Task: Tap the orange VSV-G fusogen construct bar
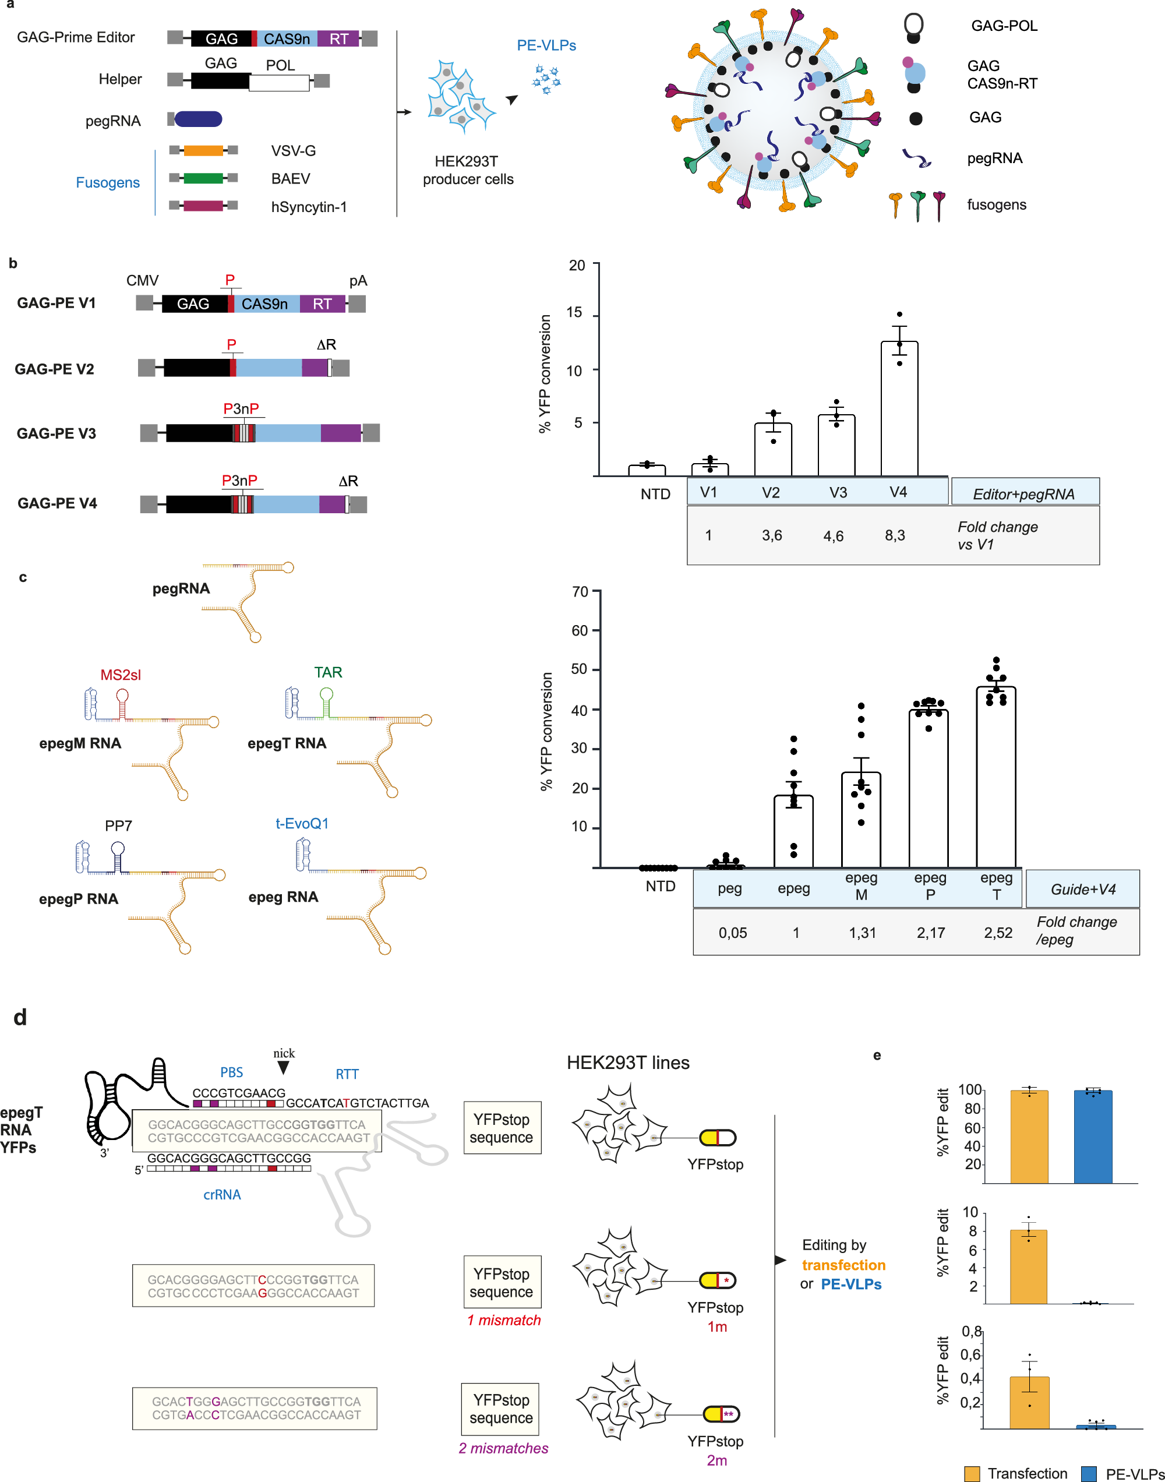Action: click(x=203, y=150)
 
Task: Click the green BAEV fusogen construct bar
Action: click(x=203, y=178)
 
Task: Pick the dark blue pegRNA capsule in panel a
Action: click(x=198, y=119)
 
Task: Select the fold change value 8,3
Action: click(x=895, y=535)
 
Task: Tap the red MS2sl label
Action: click(x=120, y=675)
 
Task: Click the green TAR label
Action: click(x=328, y=672)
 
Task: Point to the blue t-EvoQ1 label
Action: click(x=302, y=823)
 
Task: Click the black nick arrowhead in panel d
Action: click(x=283, y=1068)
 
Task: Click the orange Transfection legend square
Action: click(x=972, y=1473)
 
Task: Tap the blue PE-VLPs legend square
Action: click(x=1089, y=1473)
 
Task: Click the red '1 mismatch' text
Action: click(x=503, y=1319)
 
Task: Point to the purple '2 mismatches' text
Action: click(x=503, y=1447)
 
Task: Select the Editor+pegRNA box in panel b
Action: click(x=1025, y=492)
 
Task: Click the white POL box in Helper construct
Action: click(x=279, y=82)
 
